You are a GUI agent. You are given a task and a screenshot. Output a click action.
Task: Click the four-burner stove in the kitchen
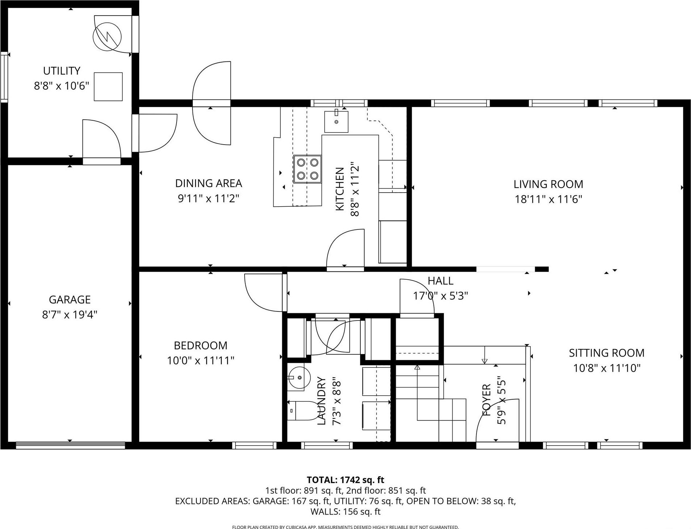pyautogui.click(x=307, y=169)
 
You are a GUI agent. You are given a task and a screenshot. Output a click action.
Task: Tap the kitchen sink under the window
pyautogui.click(x=336, y=122)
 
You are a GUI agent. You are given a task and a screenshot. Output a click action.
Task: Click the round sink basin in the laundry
pyautogui.click(x=299, y=377)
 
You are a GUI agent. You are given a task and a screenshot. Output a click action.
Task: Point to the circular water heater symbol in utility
pyautogui.click(x=107, y=36)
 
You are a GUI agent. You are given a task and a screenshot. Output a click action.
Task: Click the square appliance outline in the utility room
pyautogui.click(x=108, y=87)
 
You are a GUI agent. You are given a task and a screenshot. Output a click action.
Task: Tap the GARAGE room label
pyautogui.click(x=70, y=300)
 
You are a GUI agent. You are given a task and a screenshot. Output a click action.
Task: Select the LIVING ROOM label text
pyautogui.click(x=548, y=184)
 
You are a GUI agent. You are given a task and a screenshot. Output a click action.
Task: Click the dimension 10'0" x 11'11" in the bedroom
pyautogui.click(x=200, y=361)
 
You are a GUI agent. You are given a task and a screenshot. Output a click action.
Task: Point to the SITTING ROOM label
pyautogui.click(x=606, y=353)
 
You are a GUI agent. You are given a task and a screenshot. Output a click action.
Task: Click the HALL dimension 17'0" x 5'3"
pyautogui.click(x=440, y=296)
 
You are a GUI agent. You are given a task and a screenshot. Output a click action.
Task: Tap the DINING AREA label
pyautogui.click(x=208, y=183)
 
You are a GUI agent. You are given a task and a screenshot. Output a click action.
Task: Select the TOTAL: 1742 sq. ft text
pyautogui.click(x=345, y=480)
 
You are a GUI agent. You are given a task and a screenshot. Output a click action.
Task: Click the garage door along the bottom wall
pyautogui.click(x=70, y=446)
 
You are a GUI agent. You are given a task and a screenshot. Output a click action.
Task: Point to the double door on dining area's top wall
pyautogui.click(x=212, y=103)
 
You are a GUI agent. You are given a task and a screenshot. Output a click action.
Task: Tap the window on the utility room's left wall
pyautogui.click(x=4, y=77)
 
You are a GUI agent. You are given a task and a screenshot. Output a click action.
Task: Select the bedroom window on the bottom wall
pyautogui.click(x=254, y=446)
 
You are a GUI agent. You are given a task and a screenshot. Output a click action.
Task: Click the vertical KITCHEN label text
pyautogui.click(x=339, y=189)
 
